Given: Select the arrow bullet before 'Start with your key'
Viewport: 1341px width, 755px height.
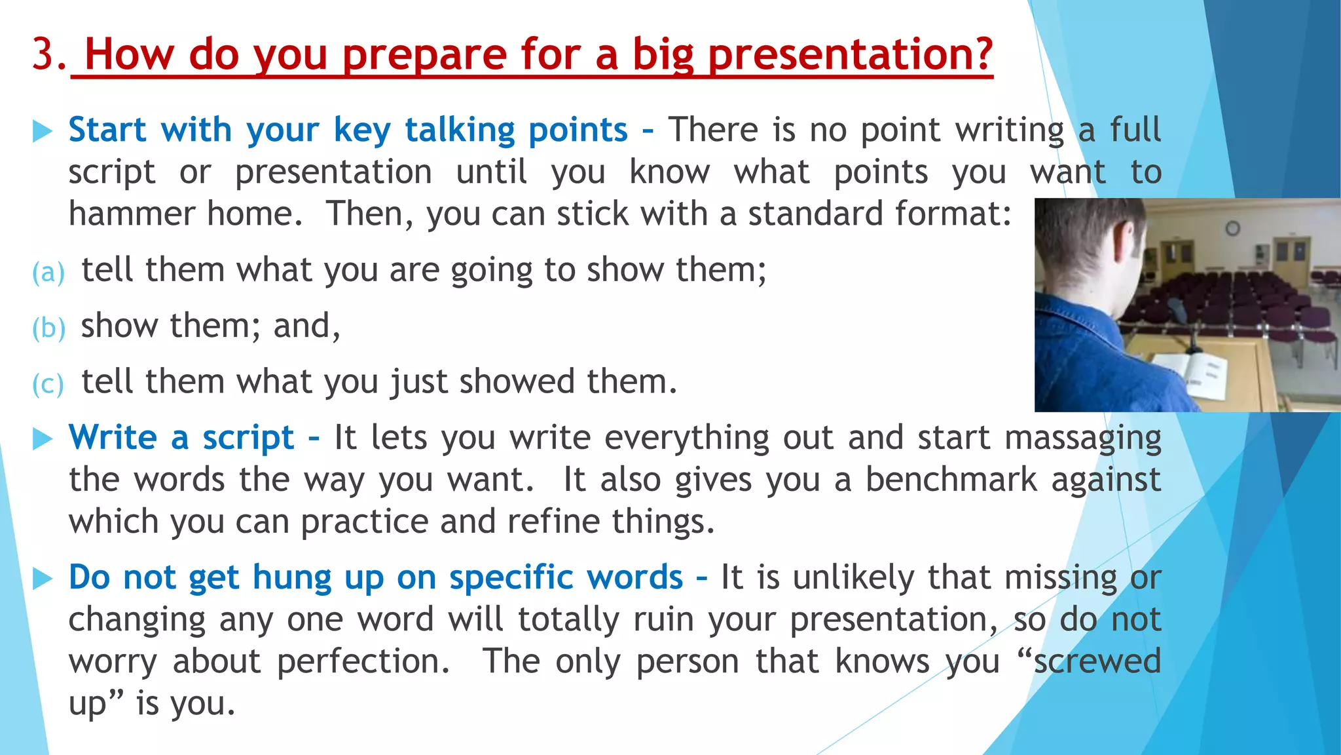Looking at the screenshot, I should pos(43,131).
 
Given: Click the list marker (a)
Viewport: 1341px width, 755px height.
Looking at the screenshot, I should pos(48,272).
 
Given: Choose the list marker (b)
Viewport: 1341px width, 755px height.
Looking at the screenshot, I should pos(48,328).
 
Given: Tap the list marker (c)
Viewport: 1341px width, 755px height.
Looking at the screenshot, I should pos(48,383).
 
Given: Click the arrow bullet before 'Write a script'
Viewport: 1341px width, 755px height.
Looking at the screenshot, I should pos(43,438).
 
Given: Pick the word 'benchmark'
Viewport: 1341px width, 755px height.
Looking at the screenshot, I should pos(951,479).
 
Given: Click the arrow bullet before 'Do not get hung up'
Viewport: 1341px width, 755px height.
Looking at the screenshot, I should pos(43,578).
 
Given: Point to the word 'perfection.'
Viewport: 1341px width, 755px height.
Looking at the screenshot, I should pos(363,661).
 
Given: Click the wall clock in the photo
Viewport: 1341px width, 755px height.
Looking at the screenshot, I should pos(1233,228).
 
